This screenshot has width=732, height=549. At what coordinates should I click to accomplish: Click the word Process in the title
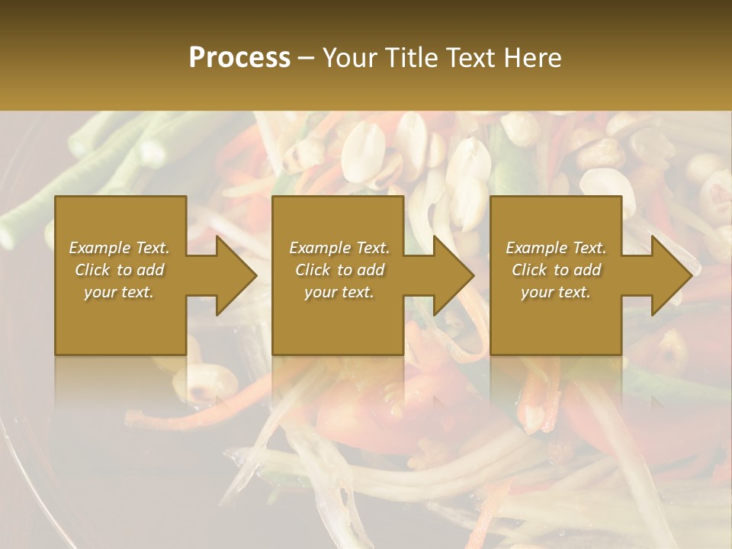[x=239, y=58]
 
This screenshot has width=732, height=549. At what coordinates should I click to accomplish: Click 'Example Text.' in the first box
[x=119, y=248]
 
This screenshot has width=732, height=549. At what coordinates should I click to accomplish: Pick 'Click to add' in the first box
[x=119, y=270]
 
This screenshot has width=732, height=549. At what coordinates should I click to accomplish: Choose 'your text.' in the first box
[x=119, y=292]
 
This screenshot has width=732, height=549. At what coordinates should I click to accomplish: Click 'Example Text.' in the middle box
[x=339, y=248]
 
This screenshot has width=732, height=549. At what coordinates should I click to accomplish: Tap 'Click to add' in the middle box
[x=339, y=270]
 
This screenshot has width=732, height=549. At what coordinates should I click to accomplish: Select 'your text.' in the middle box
[x=339, y=292]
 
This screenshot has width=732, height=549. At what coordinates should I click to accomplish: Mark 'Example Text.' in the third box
[x=556, y=248]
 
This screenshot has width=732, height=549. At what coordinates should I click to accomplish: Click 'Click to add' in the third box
[x=556, y=270]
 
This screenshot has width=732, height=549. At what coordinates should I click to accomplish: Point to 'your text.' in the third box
[x=556, y=292]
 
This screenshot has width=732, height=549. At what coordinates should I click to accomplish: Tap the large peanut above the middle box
[x=363, y=149]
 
